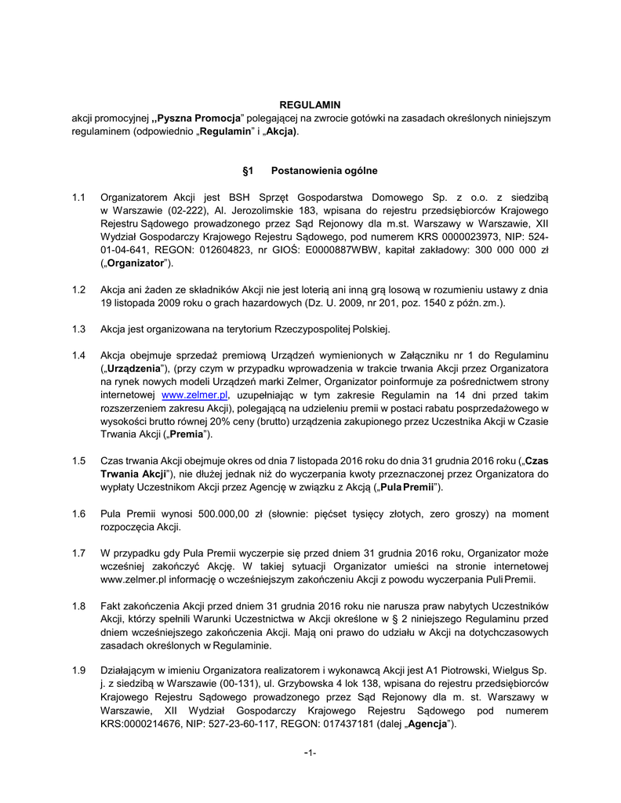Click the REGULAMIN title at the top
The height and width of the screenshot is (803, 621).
tap(310, 105)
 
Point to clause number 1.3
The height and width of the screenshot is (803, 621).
tap(78, 329)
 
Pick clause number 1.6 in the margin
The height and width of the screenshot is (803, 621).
tap(78, 513)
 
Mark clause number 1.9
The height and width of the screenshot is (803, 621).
tap(78, 671)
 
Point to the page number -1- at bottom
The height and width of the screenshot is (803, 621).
tap(310, 753)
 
